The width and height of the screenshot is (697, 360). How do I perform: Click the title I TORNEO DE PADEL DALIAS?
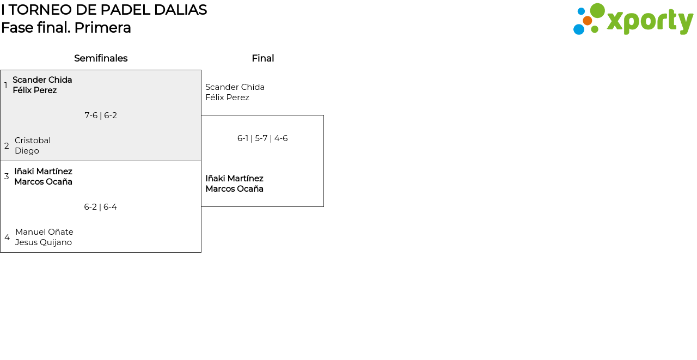click(x=104, y=10)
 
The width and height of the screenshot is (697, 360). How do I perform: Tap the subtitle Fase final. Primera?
click(x=66, y=28)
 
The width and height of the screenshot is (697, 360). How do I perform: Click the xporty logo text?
click(x=650, y=21)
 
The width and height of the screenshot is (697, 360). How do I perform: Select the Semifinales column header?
click(x=101, y=58)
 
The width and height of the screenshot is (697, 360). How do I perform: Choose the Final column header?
click(x=262, y=58)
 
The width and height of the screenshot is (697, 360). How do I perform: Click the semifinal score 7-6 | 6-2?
click(x=101, y=115)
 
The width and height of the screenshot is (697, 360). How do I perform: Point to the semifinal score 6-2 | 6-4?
click(x=100, y=207)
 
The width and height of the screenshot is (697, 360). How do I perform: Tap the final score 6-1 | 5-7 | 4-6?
click(x=262, y=138)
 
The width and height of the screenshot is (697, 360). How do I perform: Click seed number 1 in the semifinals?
click(x=6, y=86)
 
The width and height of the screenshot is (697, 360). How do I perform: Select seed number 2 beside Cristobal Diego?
click(x=7, y=146)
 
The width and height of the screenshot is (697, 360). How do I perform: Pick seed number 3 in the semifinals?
click(x=7, y=176)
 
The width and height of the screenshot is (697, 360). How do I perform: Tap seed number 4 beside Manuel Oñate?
click(x=7, y=237)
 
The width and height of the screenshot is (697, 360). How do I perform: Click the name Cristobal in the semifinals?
click(x=33, y=141)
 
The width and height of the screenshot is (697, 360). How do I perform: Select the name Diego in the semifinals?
click(x=27, y=151)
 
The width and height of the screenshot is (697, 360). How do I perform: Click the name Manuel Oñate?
click(x=44, y=232)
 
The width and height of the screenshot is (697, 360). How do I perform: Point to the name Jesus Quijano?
click(x=44, y=242)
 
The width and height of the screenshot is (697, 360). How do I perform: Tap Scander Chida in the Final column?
click(x=235, y=87)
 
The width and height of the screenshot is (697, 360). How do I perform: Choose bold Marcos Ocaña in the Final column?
click(x=234, y=189)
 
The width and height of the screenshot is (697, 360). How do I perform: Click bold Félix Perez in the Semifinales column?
click(x=35, y=90)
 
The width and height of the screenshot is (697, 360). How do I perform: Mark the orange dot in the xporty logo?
click(x=587, y=21)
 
